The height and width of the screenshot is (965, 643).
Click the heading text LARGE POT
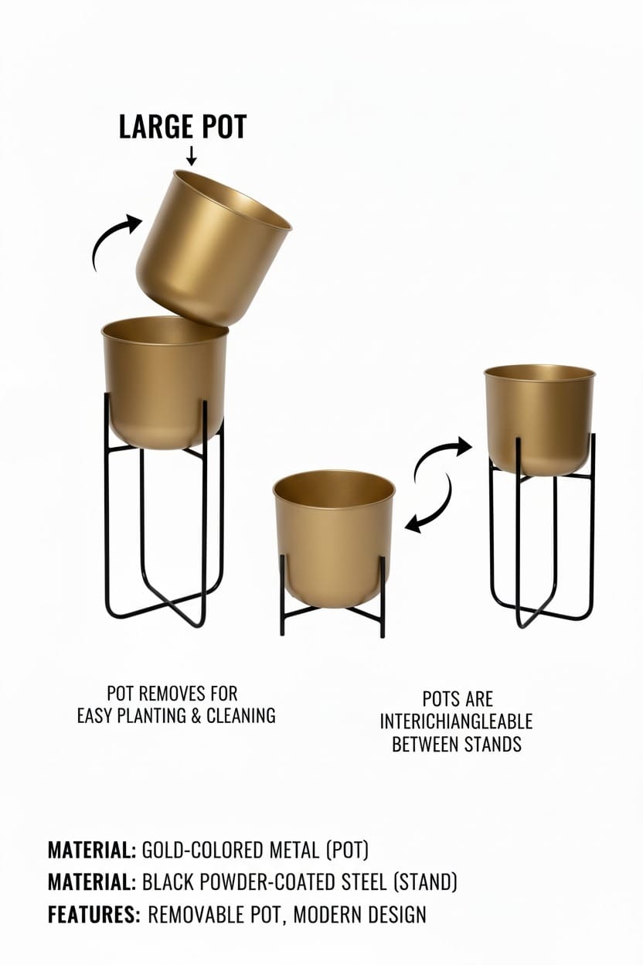tap(183, 128)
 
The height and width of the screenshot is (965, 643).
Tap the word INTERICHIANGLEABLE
tap(456, 722)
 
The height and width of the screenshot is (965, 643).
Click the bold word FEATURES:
tap(94, 915)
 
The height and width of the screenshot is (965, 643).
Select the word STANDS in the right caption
tap(491, 745)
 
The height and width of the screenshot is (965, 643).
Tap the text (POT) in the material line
tap(347, 851)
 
